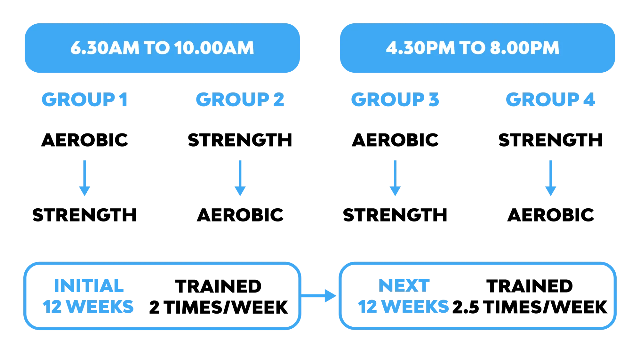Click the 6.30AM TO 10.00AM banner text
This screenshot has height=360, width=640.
point(162,48)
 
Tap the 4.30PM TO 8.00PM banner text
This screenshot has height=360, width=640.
point(473,48)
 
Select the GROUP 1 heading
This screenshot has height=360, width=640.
point(85,99)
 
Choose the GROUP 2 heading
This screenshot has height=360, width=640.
point(240,99)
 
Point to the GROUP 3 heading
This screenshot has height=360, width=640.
point(395,99)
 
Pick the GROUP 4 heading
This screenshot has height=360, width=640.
point(550,99)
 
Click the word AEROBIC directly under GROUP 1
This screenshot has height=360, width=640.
point(85,140)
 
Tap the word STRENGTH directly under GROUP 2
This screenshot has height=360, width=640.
point(240,140)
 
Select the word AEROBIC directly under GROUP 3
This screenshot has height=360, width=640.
point(395,140)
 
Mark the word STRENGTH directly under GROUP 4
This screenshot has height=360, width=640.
point(550,140)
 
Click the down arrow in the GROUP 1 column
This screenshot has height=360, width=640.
point(84,178)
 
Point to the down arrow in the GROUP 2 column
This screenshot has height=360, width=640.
point(240,178)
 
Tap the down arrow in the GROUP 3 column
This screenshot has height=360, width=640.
point(395,178)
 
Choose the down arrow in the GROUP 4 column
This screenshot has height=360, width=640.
point(550,178)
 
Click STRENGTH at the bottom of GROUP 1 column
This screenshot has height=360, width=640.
point(84,215)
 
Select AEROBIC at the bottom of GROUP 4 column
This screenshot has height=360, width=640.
point(550,215)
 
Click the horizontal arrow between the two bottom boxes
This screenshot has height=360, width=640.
point(319,296)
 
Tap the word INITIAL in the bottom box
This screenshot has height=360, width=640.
point(89,286)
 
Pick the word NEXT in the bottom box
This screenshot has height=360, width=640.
point(404,286)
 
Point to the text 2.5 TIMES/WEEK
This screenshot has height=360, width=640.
point(530,307)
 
